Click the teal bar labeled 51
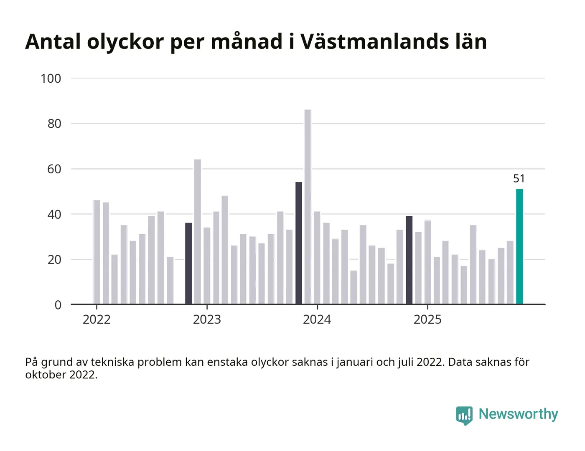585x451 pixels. tap(519, 246)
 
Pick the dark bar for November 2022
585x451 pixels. tap(188, 264)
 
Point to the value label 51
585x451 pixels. tap(519, 179)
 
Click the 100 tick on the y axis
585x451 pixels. tap(51, 79)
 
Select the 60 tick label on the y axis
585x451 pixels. tap(54, 169)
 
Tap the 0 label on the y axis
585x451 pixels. tap(58, 305)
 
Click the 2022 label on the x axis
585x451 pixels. tap(97, 319)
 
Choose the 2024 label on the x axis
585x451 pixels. tap(317, 319)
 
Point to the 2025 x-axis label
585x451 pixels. tap(427, 319)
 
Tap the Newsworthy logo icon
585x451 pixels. tap(464, 415)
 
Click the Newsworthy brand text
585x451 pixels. tap(518, 414)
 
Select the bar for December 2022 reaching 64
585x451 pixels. tap(198, 232)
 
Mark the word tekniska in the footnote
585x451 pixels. tap(112, 362)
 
